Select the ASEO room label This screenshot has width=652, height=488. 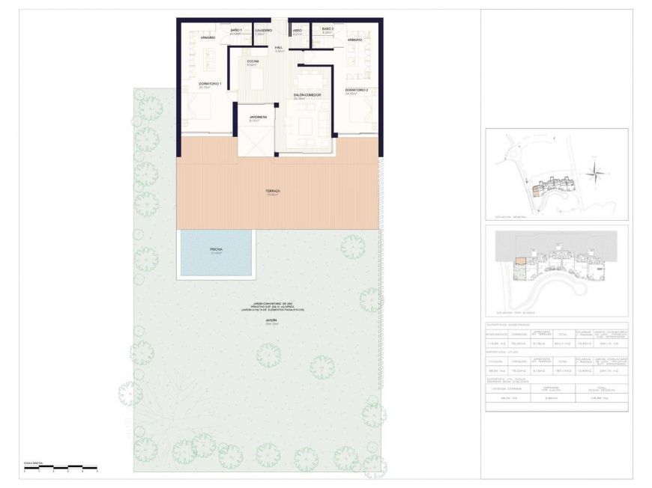(297, 30)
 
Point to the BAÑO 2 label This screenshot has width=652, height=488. (327, 29)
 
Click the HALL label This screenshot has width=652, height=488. (279, 48)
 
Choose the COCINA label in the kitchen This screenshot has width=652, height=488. (253, 61)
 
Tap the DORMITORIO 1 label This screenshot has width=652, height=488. (210, 84)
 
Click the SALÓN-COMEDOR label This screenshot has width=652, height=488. (307, 95)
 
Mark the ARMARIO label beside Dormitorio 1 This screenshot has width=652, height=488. (208, 37)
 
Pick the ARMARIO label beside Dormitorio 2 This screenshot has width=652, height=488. (354, 40)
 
